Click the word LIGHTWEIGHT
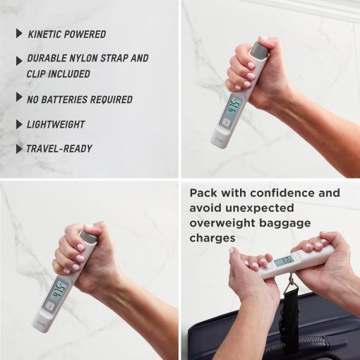click(x=56, y=124)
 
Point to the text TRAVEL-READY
click(x=59, y=149)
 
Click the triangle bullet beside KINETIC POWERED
click(x=19, y=33)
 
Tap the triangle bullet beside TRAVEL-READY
click(x=19, y=149)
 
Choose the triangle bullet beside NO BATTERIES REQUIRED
click(x=19, y=97)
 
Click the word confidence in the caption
click(x=282, y=193)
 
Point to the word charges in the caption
click(x=212, y=238)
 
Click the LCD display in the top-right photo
click(x=233, y=107)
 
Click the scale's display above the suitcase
click(x=284, y=260)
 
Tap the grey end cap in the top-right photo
click(x=258, y=50)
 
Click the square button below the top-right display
click(x=225, y=123)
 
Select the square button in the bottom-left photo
click(x=49, y=306)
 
